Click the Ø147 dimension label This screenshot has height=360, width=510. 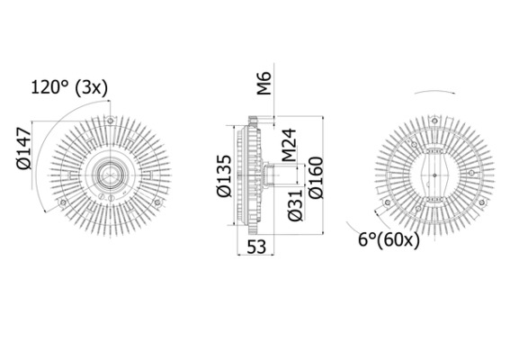coord(24,148)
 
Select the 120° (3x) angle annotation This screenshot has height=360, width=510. coord(69,87)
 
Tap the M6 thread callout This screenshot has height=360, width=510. coord(264,84)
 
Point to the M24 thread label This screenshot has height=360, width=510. coord(289,145)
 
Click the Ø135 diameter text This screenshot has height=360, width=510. coord(224,175)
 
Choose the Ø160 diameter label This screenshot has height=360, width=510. coord(316,177)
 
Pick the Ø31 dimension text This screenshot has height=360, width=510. coord(295,205)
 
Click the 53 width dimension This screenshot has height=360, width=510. coord(256,247)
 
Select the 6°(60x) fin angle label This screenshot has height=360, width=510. coord(389,240)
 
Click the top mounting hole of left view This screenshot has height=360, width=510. coord(111,121)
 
